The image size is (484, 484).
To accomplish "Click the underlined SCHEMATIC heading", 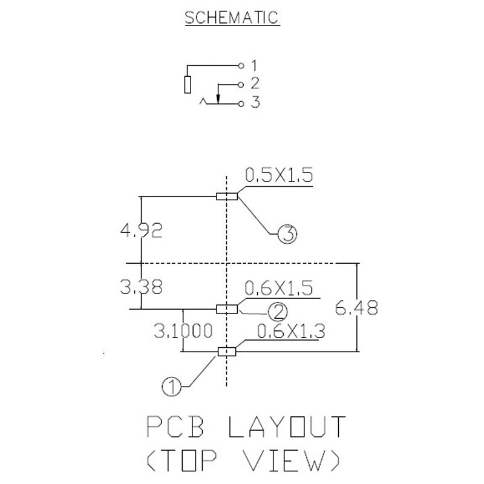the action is click(x=232, y=18).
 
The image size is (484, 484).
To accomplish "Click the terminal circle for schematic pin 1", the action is click(x=241, y=65).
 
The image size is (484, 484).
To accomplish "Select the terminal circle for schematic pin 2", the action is click(x=241, y=85).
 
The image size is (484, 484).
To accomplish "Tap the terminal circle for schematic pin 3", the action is click(x=241, y=103).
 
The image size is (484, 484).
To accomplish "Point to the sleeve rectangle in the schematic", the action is click(x=188, y=85).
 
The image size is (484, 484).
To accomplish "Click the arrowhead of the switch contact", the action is click(x=218, y=99).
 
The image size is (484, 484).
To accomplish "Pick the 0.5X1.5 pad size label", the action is click(x=279, y=175).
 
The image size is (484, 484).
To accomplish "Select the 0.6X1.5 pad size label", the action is click(x=279, y=288).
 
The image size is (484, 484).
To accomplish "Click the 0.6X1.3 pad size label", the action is click(x=291, y=332).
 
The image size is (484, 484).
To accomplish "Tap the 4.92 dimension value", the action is click(x=142, y=231).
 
